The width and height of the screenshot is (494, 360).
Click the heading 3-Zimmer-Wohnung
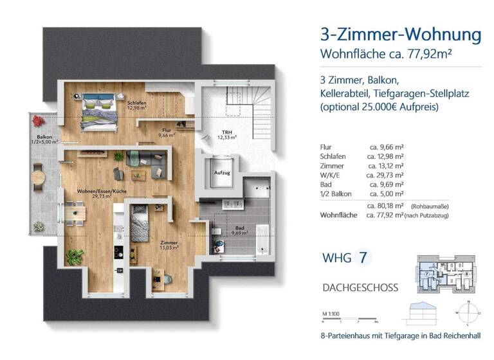[x=400, y=34]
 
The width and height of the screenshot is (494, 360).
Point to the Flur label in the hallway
[x=167, y=133]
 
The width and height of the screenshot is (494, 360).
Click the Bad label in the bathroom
[x=239, y=228]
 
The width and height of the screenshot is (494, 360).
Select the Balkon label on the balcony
[x=44, y=138]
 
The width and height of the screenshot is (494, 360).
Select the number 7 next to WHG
[x=364, y=258]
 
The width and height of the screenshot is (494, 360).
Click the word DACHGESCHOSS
[x=360, y=287]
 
